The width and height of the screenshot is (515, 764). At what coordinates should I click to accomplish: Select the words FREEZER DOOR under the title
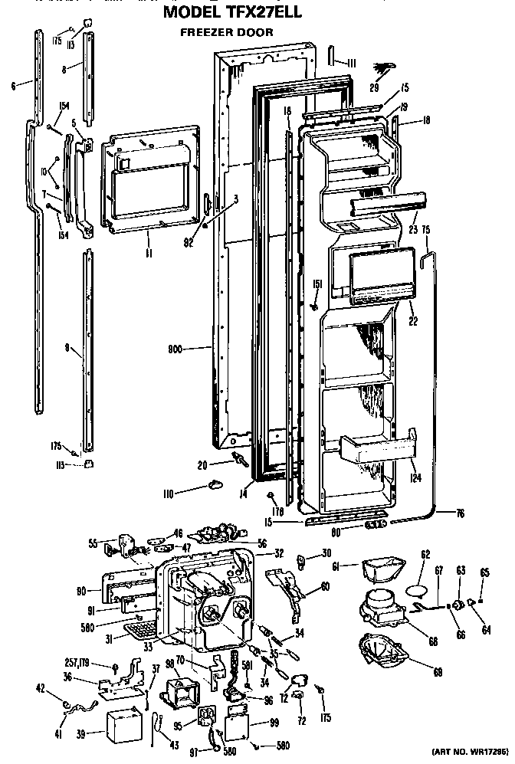pos(226,32)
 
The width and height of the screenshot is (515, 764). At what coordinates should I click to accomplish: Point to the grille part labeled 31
pos(139,630)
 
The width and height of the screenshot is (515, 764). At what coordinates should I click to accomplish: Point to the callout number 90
pos(82,590)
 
